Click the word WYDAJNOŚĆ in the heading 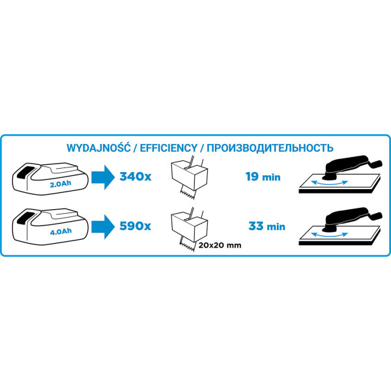pos(98,148)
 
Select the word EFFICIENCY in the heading pos(169,148)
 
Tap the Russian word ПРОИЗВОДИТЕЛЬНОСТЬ pos(270,148)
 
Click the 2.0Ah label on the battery pos(61,184)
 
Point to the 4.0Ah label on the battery pos(61,231)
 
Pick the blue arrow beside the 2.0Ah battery pos(103,177)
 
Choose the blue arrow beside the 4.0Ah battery pos(103,226)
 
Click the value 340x pos(136,177)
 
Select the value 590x pos(136,226)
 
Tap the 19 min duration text pos(263,177)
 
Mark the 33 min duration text pos(267,226)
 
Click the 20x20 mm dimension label pos(220,246)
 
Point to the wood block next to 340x pos(190,175)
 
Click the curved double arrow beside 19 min pos(330,183)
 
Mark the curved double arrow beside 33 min pos(330,235)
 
